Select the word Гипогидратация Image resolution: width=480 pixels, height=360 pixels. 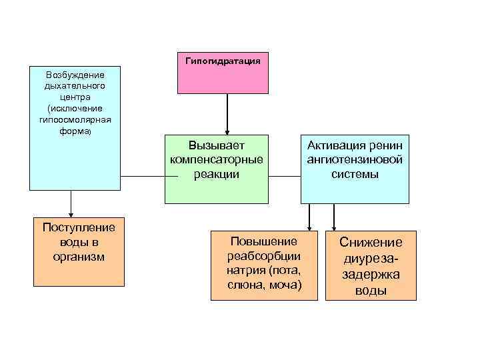223,60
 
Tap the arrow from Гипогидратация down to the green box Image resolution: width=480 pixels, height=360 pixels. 227,113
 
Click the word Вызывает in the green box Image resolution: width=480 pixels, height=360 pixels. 217,145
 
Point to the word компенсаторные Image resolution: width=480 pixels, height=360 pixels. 217,159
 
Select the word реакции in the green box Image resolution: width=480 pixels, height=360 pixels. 217,174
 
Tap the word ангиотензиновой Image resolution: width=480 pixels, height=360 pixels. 355,159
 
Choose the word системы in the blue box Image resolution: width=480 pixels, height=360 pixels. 355,174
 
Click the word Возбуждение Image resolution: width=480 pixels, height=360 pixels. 75,75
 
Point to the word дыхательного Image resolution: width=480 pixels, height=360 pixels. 75,86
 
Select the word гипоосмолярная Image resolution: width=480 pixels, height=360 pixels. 75,119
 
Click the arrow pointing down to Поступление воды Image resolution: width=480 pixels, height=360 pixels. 71,203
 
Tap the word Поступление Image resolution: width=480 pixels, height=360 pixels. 79,227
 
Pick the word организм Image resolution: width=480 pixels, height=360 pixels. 79,257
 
